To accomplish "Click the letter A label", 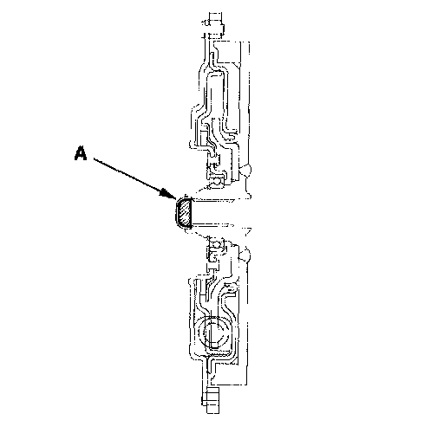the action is point(81,153).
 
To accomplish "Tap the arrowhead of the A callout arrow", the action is point(168,194).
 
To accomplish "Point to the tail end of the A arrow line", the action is point(94,158).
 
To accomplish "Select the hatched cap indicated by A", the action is point(184,213).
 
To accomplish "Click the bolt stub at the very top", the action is point(215,25).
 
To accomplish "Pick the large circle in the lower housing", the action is point(215,332).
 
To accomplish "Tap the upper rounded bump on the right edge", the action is point(245,170).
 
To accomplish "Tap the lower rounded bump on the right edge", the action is point(245,255).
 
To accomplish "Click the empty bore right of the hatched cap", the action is point(219,212).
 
